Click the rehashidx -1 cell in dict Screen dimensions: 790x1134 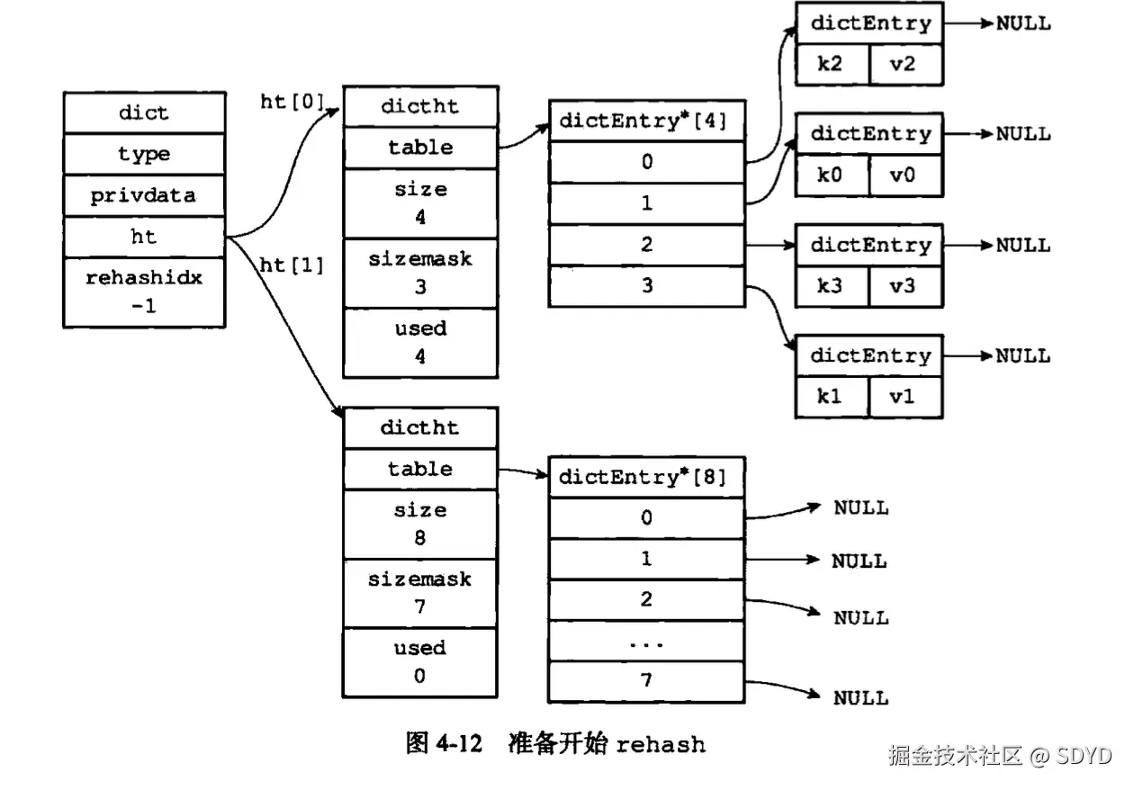point(144,292)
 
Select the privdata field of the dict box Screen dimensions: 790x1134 point(144,196)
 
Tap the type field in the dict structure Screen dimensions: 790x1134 point(144,154)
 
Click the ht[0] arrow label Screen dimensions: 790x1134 point(291,102)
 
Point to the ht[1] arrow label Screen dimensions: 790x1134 point(291,265)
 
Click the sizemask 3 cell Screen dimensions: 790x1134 point(420,273)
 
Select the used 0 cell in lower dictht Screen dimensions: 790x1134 point(420,661)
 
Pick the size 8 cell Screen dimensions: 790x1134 point(420,524)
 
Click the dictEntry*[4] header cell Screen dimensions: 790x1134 point(647,121)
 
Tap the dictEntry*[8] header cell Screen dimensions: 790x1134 point(647,477)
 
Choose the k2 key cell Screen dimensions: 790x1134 point(832,65)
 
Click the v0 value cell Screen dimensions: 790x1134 point(904,175)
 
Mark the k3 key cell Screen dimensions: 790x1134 point(832,287)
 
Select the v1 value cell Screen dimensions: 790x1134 point(904,397)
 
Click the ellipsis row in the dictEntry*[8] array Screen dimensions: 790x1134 point(647,642)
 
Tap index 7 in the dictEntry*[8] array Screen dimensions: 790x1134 point(647,681)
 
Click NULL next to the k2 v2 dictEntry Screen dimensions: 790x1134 point(1022,24)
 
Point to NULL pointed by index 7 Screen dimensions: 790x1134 point(860,698)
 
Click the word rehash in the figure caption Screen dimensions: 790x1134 point(661,745)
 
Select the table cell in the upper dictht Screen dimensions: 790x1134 point(420,148)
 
